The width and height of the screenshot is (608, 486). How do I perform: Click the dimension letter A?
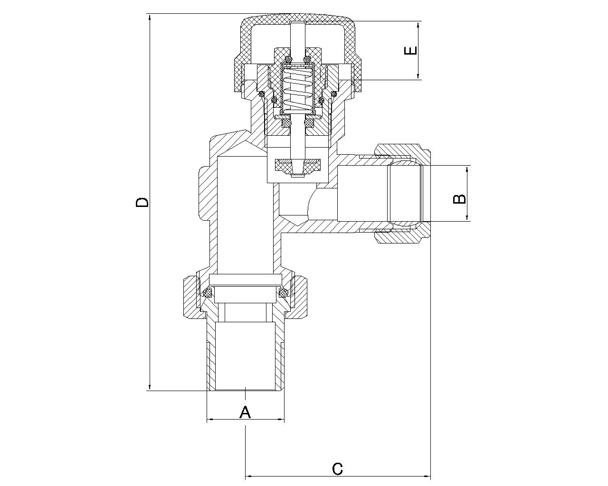pos(245,412)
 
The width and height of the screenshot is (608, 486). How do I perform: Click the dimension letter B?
pos(459,199)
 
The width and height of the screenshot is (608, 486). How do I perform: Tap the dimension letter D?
pos(142,202)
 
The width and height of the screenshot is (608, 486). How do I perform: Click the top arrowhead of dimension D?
pos(150,18)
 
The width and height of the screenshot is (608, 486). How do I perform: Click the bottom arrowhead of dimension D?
pos(150,387)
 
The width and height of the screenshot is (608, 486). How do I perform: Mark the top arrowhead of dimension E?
pos(418,25)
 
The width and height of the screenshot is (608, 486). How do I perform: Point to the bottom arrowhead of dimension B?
pos(467,217)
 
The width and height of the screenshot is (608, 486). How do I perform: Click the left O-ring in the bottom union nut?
pos(209,293)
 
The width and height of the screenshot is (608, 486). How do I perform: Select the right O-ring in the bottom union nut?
pos(283,293)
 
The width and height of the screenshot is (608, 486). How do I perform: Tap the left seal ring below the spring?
pos(287,123)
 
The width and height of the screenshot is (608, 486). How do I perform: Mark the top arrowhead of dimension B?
pos(467,169)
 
